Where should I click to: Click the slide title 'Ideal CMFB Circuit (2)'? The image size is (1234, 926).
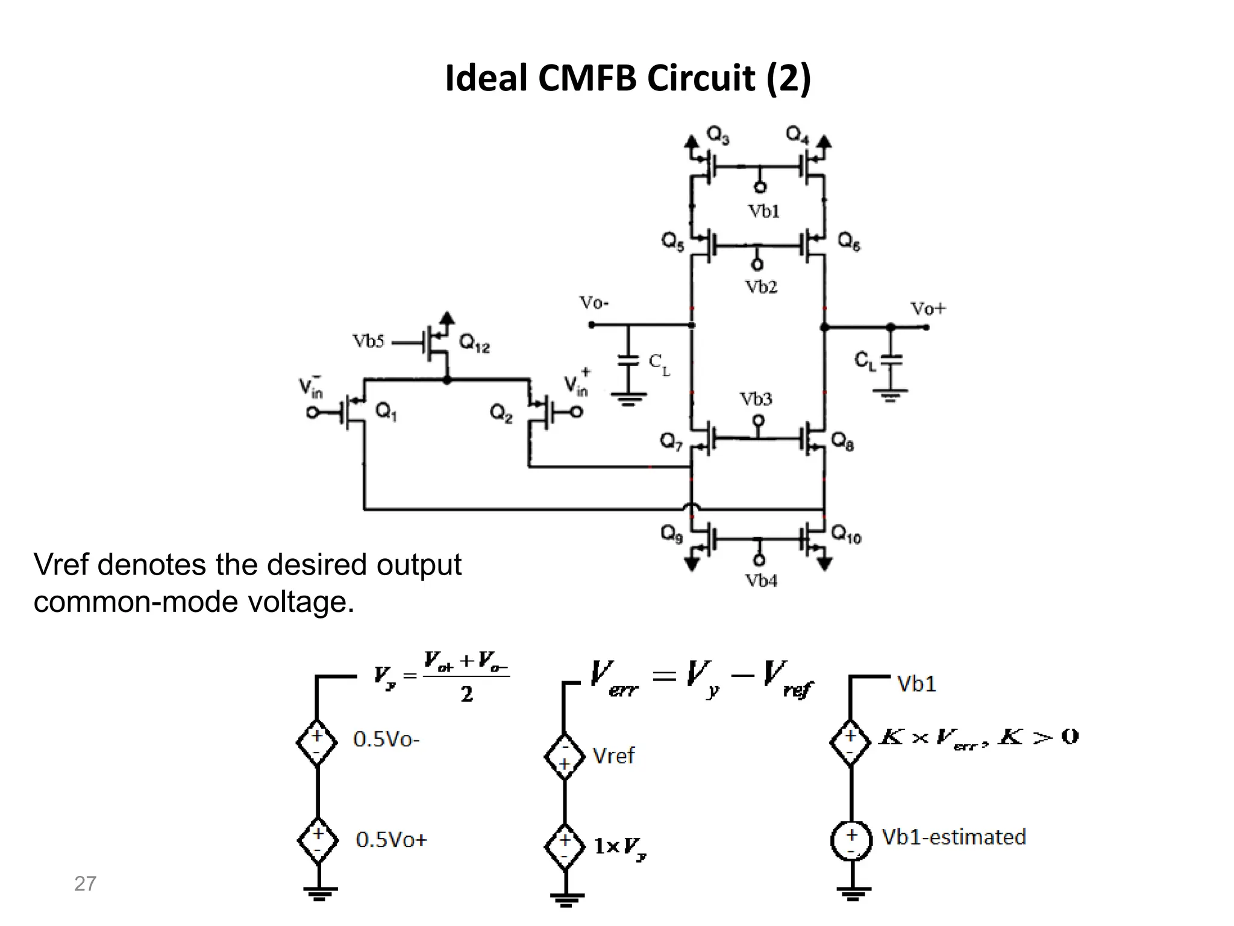(628, 78)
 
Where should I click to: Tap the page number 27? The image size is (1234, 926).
(85, 884)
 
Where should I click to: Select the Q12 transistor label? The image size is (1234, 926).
(474, 344)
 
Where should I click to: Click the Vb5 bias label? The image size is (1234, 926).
(368, 342)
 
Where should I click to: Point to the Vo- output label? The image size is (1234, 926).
(594, 303)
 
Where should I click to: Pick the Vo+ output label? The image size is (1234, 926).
(928, 309)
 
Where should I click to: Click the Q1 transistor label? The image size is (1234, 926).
(386, 412)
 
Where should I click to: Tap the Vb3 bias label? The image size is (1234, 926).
(756, 399)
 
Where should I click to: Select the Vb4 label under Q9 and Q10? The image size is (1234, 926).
(761, 581)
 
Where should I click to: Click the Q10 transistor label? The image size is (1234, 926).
(846, 534)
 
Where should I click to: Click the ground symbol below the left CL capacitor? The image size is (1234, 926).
(628, 398)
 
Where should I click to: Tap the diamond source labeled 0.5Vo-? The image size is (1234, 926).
(317, 742)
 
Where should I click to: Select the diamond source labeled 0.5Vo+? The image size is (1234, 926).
(318, 840)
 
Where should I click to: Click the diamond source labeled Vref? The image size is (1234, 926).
(565, 757)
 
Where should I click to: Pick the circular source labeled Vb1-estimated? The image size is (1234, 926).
(851, 840)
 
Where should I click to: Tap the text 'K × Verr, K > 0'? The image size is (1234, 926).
(978, 737)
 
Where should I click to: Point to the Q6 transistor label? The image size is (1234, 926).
(849, 242)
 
